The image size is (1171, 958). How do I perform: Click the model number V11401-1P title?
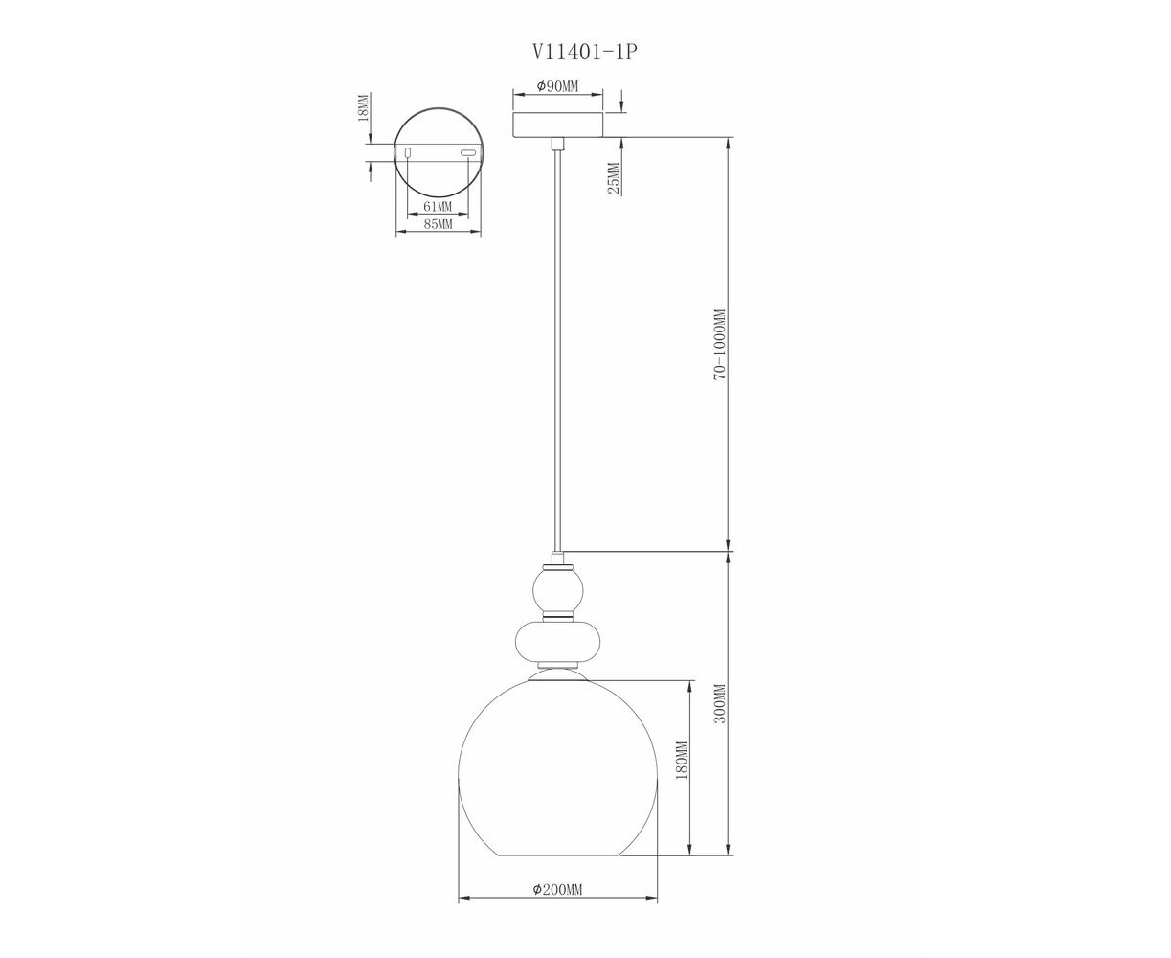[583, 53]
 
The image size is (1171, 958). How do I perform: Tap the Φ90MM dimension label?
[557, 86]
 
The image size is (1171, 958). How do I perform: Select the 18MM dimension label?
[363, 107]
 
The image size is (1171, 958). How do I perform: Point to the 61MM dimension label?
[438, 207]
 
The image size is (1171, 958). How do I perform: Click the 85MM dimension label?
[438, 224]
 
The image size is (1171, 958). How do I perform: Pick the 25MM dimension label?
[614, 178]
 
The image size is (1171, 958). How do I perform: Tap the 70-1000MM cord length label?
[720, 344]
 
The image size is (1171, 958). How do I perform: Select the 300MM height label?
[720, 703]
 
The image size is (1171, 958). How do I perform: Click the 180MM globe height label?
[682, 761]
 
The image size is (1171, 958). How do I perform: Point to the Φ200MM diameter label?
[557, 905]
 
